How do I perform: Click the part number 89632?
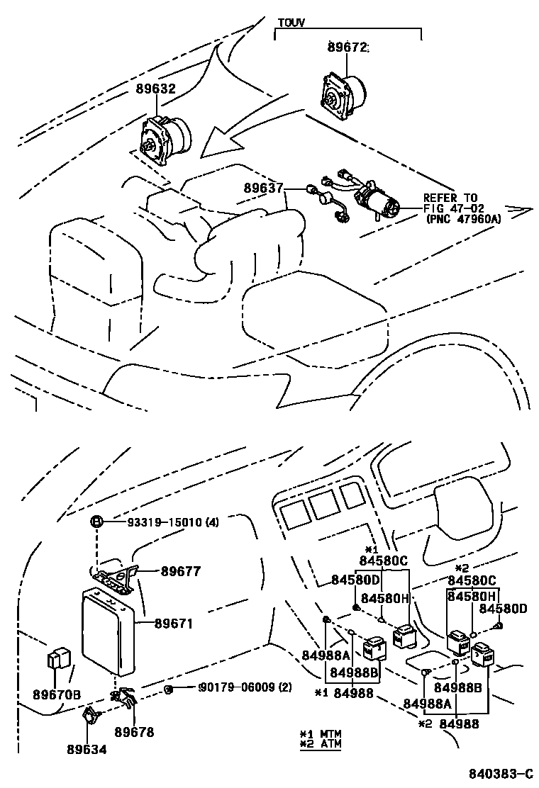pos(155,89)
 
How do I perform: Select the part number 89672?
pos(348,47)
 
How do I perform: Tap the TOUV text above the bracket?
pos(289,23)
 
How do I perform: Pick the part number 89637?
pos(264,188)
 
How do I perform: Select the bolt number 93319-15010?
pos(163,522)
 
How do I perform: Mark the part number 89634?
pos(87,748)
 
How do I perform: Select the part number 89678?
pos(135,733)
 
